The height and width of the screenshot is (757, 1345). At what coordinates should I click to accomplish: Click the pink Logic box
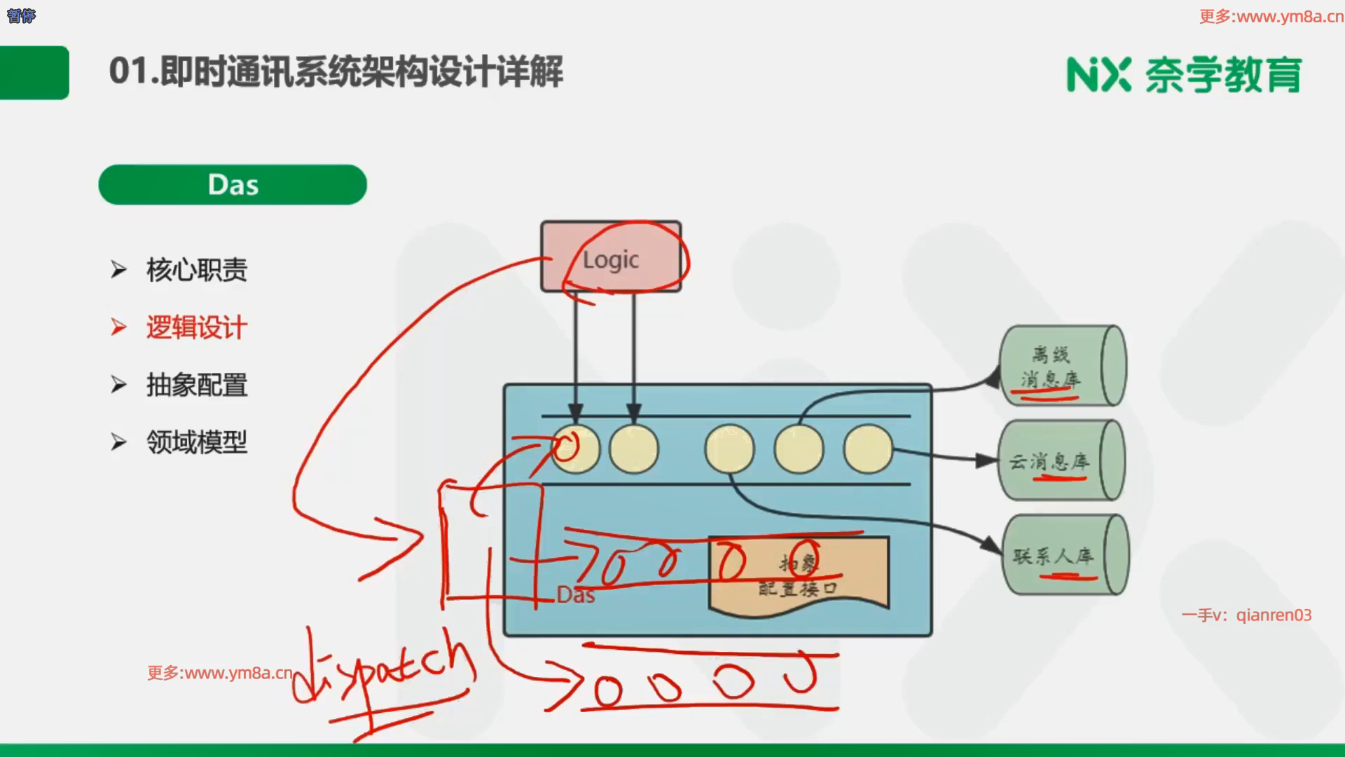coord(610,257)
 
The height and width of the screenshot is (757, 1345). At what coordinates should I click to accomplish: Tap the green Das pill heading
coord(233,185)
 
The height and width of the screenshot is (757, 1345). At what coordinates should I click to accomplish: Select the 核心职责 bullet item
coord(196,270)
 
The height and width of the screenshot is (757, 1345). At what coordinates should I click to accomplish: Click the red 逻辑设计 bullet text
coord(196,327)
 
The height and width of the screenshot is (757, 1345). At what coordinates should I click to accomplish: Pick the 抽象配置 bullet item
coord(196,385)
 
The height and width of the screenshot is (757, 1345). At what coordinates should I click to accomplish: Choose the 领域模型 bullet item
coord(196,442)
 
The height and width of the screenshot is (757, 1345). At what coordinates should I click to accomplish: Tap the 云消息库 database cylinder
coord(1061,460)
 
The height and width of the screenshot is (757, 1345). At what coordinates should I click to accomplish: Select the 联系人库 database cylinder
coord(1063,555)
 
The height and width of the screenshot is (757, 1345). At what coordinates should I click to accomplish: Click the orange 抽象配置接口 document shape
coord(799,575)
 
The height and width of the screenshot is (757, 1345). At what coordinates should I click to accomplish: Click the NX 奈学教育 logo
coord(1184,74)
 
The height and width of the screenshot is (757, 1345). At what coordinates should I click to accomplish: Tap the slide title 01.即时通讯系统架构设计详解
coord(336,71)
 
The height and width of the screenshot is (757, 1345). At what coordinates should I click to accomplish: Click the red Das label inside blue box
coord(576,595)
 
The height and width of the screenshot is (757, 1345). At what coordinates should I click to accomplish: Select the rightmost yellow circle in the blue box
coord(868,449)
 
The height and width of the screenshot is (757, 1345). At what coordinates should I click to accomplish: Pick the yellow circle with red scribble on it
coord(575,449)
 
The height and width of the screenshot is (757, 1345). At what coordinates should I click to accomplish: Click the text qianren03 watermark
coord(1274,615)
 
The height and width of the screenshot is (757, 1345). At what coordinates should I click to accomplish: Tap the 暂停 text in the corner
coord(21,16)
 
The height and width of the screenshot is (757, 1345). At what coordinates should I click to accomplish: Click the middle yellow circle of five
coord(729,449)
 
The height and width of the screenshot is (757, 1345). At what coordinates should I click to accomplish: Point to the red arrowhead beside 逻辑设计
coord(118,327)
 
